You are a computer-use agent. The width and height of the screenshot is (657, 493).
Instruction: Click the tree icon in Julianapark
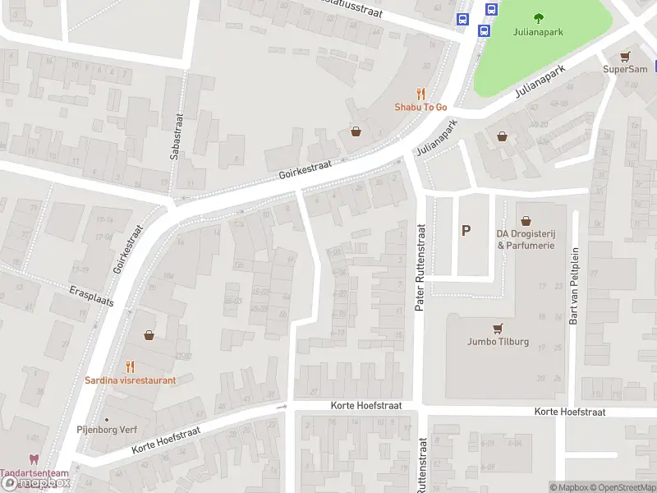pos(539,18)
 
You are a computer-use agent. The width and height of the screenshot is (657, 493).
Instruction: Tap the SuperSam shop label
pos(626,69)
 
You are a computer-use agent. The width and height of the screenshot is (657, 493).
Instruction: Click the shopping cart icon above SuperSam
pos(626,56)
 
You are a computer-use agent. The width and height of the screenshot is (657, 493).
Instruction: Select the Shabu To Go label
pos(420,107)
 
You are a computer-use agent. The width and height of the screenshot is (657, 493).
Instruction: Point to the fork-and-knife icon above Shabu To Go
pos(420,94)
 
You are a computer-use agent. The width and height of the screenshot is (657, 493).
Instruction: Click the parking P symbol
pos(466,231)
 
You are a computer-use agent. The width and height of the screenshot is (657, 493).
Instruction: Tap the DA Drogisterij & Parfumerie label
pos(526,239)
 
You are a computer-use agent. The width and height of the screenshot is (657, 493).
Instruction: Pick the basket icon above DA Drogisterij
pos(526,220)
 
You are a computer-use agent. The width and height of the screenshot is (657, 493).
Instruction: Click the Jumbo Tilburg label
pos(498,342)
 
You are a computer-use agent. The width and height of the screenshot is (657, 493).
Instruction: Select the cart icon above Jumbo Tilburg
pos(498,328)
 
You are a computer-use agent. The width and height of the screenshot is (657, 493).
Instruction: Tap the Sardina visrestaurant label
pos(130,380)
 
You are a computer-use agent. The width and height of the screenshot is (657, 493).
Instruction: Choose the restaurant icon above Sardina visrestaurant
pos(130,366)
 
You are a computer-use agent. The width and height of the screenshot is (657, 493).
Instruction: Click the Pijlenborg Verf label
pos(107,430)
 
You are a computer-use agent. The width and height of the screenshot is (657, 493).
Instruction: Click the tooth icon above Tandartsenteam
pos(34,460)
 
